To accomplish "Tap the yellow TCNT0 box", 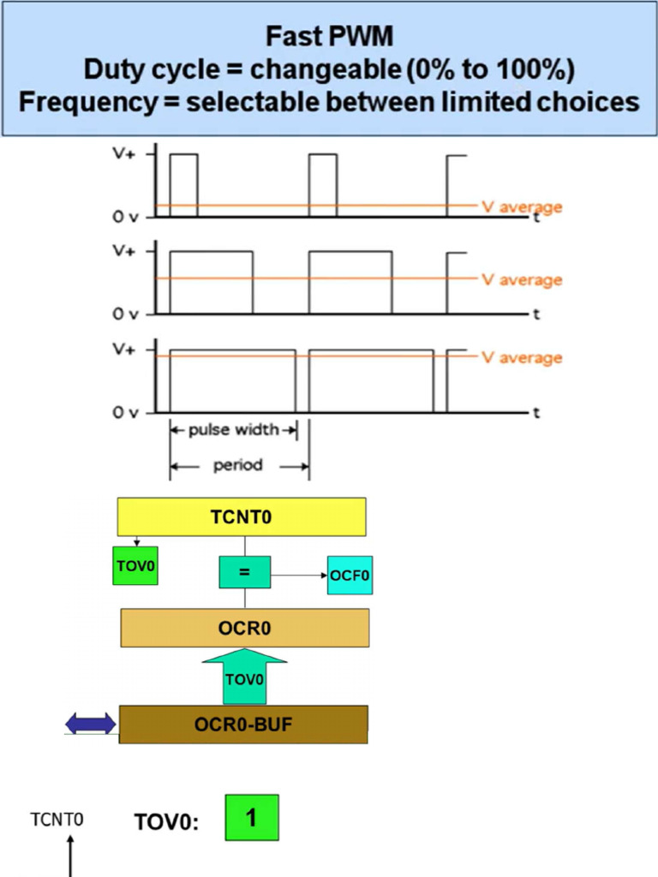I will coord(242,516).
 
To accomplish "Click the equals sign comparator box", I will coord(244,572).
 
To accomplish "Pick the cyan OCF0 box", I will coord(350,576).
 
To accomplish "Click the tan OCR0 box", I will coord(245,628).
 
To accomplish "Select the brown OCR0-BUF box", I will coord(243,725).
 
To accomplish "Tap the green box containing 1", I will coord(252,818).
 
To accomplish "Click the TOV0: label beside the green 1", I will coord(166,822).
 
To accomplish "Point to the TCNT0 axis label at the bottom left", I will coord(57,819).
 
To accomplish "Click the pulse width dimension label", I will coord(234,429).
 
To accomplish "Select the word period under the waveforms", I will coord(237,466).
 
